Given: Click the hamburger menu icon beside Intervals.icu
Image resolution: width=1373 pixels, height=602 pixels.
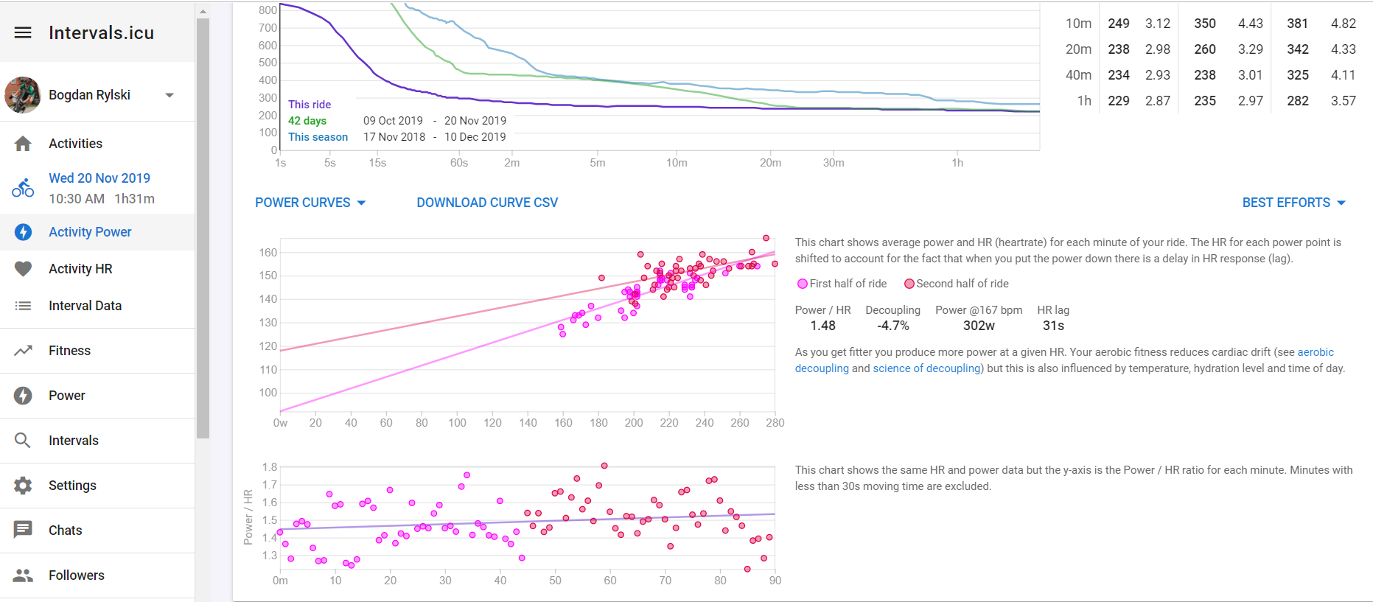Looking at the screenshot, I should pyautogui.click(x=23, y=32).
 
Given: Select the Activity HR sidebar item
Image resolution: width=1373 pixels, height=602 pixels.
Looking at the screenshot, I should pyautogui.click(x=80, y=269).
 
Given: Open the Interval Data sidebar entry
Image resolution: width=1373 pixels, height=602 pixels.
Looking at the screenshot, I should pyautogui.click(x=85, y=306).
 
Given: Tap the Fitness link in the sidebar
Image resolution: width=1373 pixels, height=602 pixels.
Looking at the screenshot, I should pyautogui.click(x=69, y=351).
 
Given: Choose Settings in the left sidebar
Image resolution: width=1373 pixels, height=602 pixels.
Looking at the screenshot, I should pyautogui.click(x=72, y=486).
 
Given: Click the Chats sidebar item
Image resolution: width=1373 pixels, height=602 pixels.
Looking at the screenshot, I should pyautogui.click(x=65, y=531).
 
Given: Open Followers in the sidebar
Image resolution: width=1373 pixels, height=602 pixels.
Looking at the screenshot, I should pyautogui.click(x=76, y=575).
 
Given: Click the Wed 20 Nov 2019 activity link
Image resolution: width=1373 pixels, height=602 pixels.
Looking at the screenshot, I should pyautogui.click(x=99, y=178).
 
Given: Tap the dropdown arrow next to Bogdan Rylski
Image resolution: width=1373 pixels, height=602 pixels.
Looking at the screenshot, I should pyautogui.click(x=170, y=95).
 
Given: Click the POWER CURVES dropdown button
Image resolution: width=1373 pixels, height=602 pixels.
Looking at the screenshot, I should pyautogui.click(x=310, y=203).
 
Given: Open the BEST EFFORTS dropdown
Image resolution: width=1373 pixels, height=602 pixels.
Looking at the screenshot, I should pyautogui.click(x=1293, y=203).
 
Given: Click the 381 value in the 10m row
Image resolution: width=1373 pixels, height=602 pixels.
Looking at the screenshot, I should pyautogui.click(x=1297, y=24).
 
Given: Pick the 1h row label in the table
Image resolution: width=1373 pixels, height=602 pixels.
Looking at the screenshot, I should pyautogui.click(x=1083, y=101).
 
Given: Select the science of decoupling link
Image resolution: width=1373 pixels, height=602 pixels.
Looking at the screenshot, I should pyautogui.click(x=926, y=368).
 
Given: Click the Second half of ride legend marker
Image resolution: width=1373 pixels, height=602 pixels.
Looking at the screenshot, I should pyautogui.click(x=909, y=284).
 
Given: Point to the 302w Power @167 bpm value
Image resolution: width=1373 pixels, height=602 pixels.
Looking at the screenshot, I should pyautogui.click(x=979, y=326).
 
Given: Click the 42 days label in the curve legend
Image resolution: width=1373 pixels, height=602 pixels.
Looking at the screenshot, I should pyautogui.click(x=307, y=121).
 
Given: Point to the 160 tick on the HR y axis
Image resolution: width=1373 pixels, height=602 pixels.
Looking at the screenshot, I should pyautogui.click(x=268, y=253).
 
